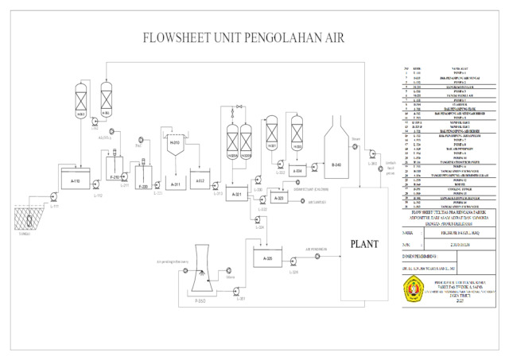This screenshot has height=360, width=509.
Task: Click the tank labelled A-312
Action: [x=200, y=181]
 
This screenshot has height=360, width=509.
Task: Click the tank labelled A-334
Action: [x=297, y=169]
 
